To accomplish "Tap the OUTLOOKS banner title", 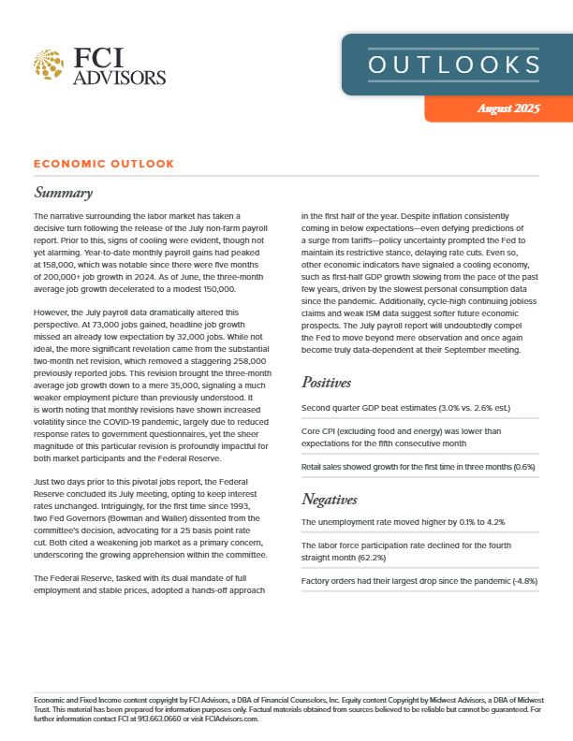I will [x=454, y=65].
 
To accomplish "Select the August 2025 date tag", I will [x=507, y=109].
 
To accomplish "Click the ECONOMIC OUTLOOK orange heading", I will [x=103, y=164].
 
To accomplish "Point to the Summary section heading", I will [x=63, y=194].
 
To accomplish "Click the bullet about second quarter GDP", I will [x=418, y=409].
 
